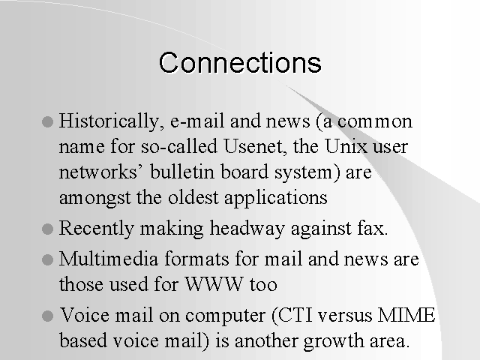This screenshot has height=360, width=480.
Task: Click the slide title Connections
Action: point(240,62)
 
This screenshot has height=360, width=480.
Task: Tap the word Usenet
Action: point(255,146)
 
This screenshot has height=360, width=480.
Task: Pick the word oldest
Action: point(193,197)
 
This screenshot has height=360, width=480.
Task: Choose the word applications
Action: point(276,198)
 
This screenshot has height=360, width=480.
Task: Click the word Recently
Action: point(97,229)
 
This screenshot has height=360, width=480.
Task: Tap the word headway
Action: point(247,229)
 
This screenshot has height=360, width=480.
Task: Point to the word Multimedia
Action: point(109,259)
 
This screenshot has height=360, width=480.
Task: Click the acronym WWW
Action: point(214,284)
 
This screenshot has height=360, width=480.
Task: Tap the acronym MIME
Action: point(406,315)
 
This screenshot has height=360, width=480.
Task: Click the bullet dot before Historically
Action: point(47,121)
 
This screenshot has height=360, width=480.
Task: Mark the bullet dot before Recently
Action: point(47,229)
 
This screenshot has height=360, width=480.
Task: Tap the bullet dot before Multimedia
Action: point(47,260)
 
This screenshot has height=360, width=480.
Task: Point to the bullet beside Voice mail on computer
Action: point(47,316)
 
